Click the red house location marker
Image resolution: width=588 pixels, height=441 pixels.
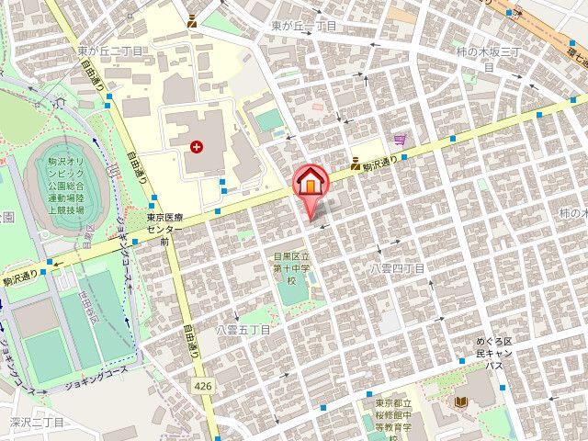[x=311, y=181]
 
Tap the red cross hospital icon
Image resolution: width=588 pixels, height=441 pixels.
[x=195, y=146]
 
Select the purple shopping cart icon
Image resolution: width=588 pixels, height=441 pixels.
[x=400, y=140]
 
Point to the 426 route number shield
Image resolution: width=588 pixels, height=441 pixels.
[x=203, y=387]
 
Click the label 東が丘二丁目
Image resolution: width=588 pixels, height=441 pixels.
[x=109, y=51]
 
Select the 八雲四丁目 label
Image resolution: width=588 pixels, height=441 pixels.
[x=397, y=268]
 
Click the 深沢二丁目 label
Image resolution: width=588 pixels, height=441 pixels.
[x=37, y=423]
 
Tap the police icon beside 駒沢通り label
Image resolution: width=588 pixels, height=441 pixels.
[x=353, y=165]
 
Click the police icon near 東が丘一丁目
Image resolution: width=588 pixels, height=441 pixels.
[x=191, y=19]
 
